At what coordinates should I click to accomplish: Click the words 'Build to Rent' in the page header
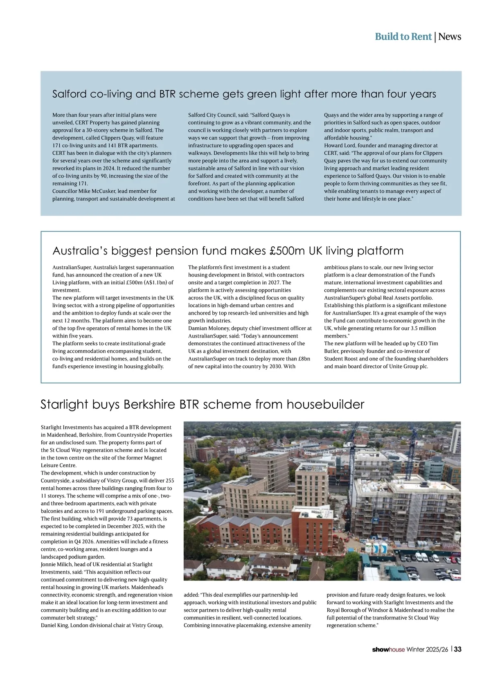click(x=403, y=37)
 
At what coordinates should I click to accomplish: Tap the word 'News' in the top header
click(x=450, y=37)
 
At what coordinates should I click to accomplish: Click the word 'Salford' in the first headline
click(x=70, y=94)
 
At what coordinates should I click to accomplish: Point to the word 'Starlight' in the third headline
click(x=64, y=405)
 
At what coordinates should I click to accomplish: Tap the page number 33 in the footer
click(x=457, y=649)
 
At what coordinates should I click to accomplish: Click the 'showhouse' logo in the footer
click(x=388, y=649)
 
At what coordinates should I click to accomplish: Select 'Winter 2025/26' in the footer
click(x=427, y=649)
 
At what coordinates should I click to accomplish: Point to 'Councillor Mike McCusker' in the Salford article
click(x=84, y=191)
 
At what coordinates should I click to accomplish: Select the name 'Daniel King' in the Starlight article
click(x=55, y=625)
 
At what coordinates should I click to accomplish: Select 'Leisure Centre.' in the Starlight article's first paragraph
click(x=59, y=465)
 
